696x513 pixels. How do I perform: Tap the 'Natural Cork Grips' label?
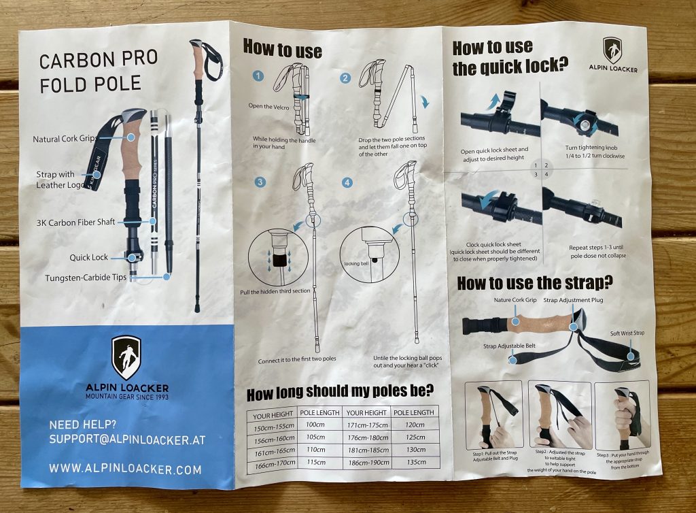[x=65, y=139]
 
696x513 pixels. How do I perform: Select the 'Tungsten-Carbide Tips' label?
[x=86, y=278]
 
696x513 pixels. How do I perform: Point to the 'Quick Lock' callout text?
[x=89, y=257]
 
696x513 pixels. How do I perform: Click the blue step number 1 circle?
[x=258, y=76]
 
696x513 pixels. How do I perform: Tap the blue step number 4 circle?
[x=347, y=182]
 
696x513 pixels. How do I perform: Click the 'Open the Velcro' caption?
[x=268, y=107]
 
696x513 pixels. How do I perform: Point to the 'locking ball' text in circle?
[x=356, y=263]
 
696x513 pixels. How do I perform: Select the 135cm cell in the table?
[x=416, y=462]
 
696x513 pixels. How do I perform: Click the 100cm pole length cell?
[x=315, y=425]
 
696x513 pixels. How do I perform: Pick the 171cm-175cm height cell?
[x=367, y=425]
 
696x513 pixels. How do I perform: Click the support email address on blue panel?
[x=127, y=440]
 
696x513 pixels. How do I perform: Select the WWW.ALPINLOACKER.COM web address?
[x=125, y=469]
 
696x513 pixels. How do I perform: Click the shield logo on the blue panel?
[x=126, y=358]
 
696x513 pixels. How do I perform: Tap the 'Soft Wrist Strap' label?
[x=627, y=333]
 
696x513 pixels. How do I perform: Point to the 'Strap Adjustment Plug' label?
[x=573, y=300]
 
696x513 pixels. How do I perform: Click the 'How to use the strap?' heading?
[x=535, y=283]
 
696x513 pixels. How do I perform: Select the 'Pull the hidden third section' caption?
[x=275, y=292]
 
